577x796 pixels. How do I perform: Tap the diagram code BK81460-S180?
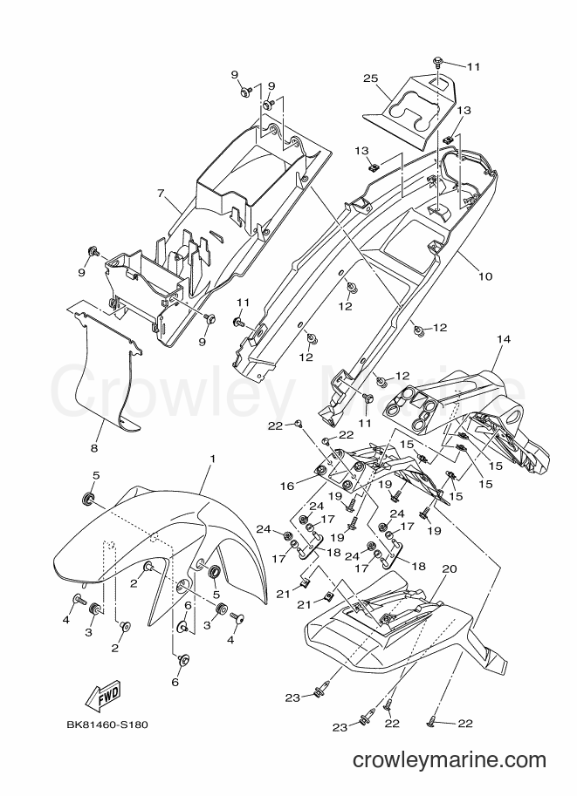106,725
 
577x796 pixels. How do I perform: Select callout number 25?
371,78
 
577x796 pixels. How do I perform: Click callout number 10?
485,276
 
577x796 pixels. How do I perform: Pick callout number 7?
161,193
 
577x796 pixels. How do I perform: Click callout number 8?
94,448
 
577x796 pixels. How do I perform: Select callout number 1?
212,459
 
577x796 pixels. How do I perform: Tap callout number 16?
287,486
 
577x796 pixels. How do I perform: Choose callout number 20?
450,569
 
